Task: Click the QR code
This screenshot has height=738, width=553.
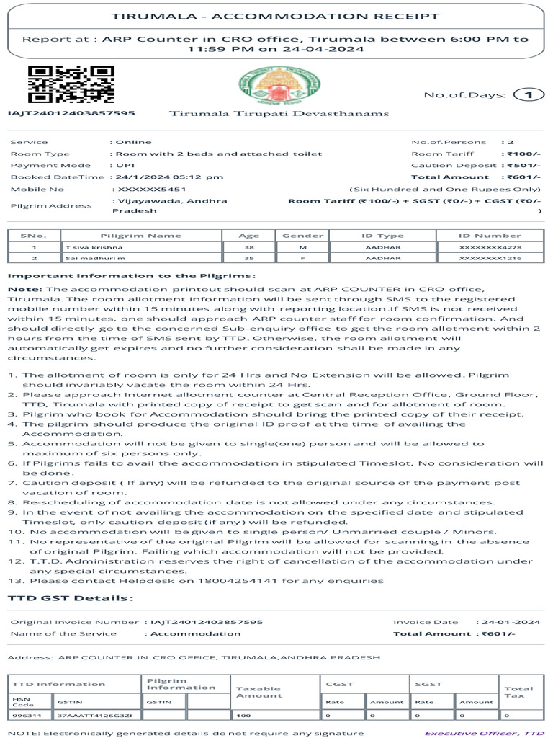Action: pyautogui.click(x=71, y=84)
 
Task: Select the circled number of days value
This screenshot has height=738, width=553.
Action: pyautogui.click(x=529, y=94)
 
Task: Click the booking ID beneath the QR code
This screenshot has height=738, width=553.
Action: pyautogui.click(x=71, y=113)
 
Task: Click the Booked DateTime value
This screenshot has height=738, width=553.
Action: pyautogui.click(x=169, y=177)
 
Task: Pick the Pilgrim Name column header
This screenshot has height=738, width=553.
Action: pyautogui.click(x=140, y=236)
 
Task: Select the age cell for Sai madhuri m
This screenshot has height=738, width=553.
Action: pyautogui.click(x=249, y=258)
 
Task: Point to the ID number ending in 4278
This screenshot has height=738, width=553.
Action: pyautogui.click(x=490, y=247)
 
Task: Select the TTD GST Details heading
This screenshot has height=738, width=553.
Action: pyautogui.click(x=70, y=598)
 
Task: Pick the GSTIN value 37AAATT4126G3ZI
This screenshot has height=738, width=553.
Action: pyautogui.click(x=90, y=716)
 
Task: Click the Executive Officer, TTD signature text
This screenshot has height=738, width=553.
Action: pyautogui.click(x=485, y=733)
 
